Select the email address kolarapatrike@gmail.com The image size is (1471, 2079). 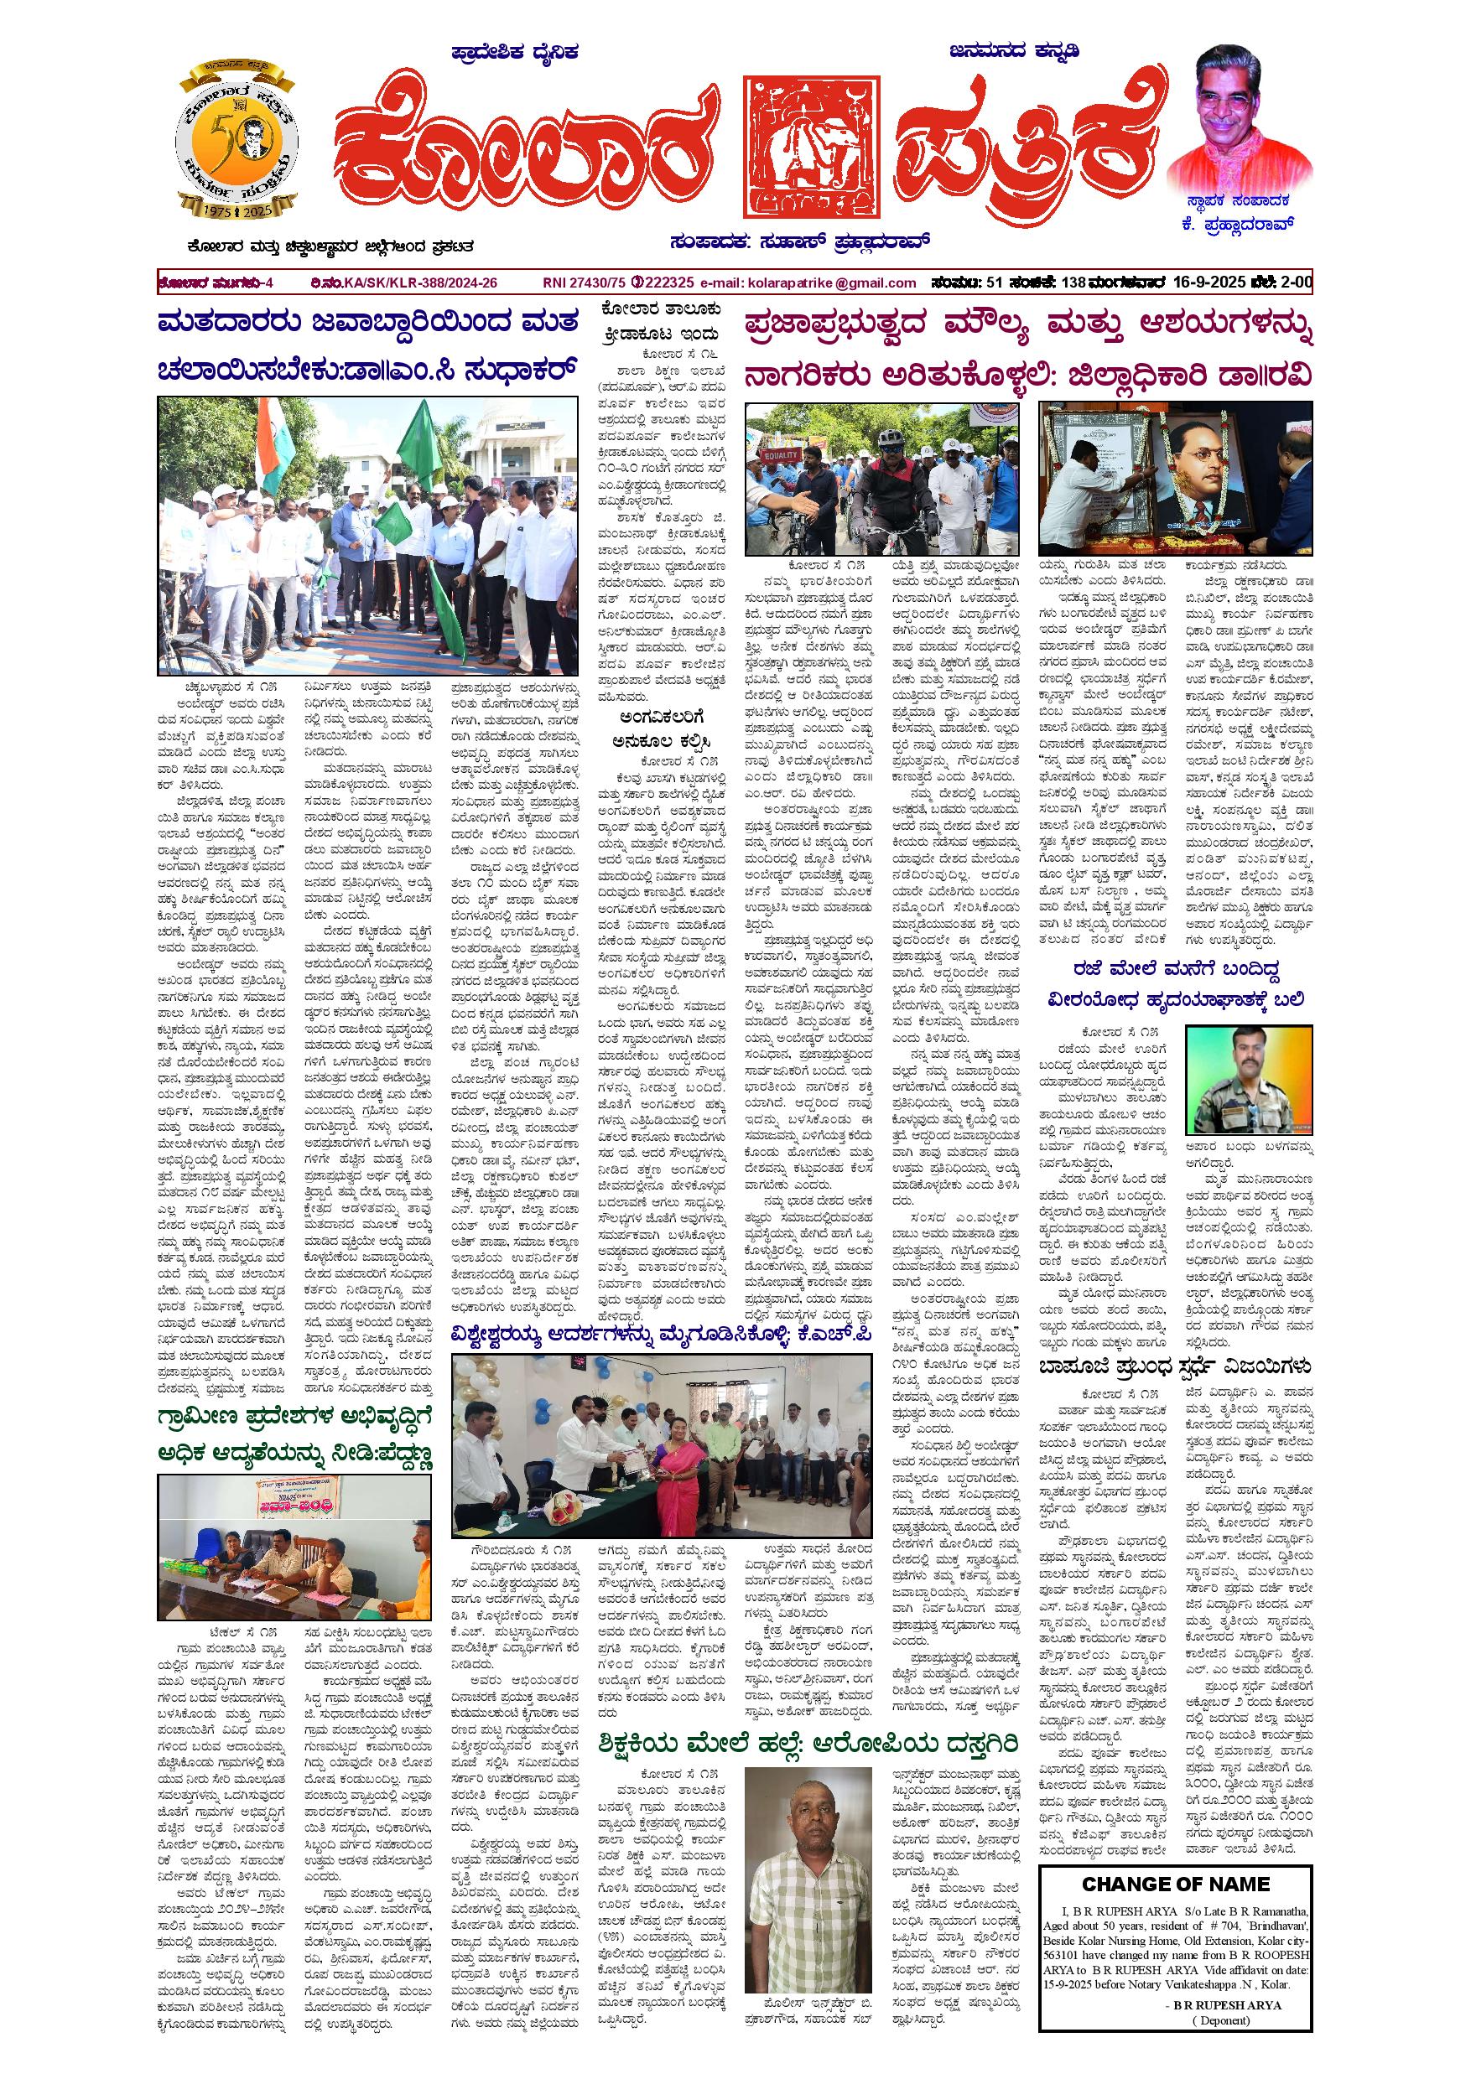[x=833, y=283]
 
